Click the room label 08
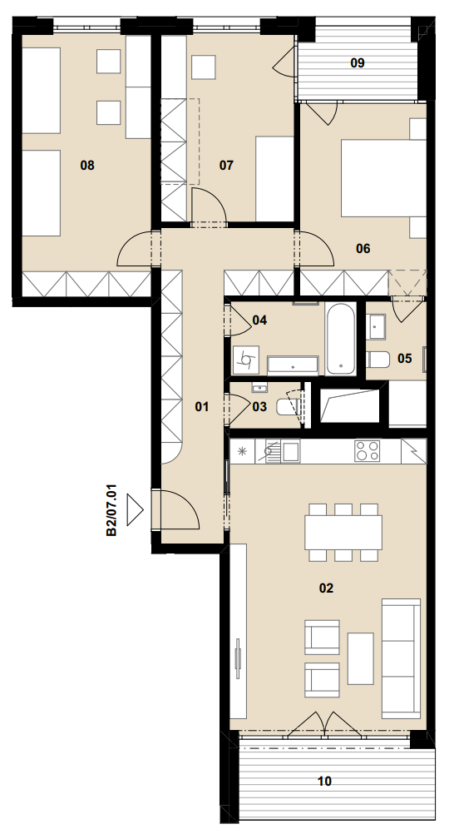coord(87,166)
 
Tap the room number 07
coord(226,166)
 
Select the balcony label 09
coord(358,63)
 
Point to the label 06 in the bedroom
coord(363,248)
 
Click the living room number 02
coord(326,588)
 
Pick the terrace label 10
coord(324,782)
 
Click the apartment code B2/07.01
coord(111,509)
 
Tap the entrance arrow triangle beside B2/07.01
coord(135,509)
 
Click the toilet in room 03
coord(288,408)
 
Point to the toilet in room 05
coord(378,360)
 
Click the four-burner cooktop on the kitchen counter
coord(368,451)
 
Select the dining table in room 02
coord(343,533)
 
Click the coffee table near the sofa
coord(360,658)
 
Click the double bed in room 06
coord(383,178)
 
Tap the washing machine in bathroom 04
coord(246,360)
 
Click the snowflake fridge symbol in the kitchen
coord(243,452)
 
